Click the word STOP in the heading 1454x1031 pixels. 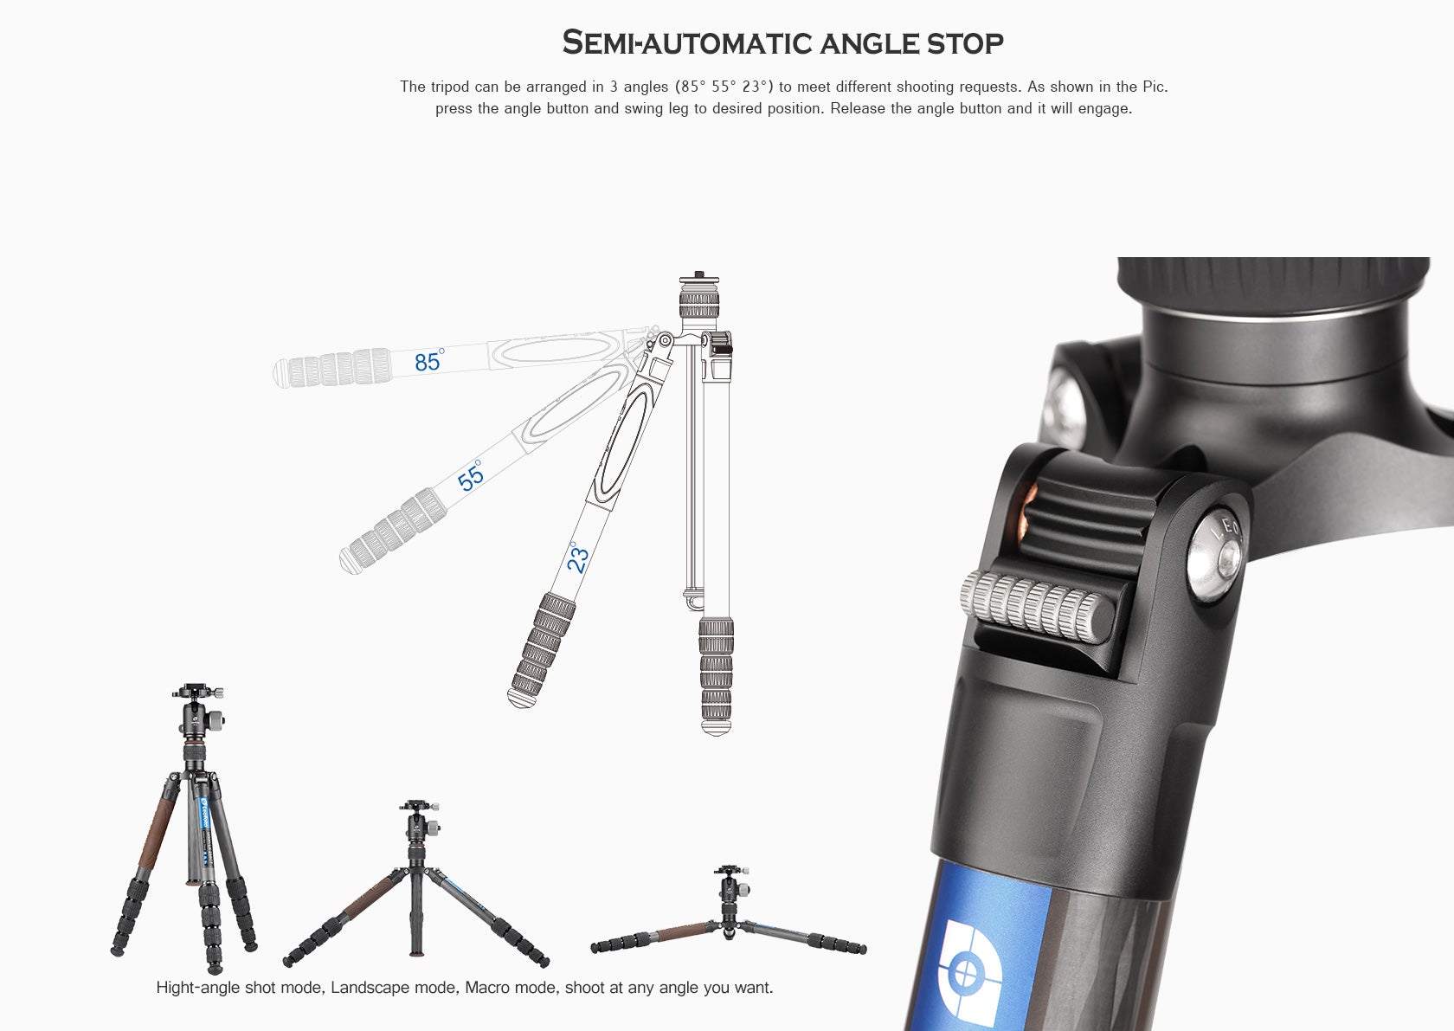point(964,42)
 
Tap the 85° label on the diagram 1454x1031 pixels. point(428,361)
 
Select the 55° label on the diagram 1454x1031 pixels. point(471,477)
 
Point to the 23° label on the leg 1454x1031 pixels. point(577,558)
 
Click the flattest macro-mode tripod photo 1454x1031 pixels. point(728,918)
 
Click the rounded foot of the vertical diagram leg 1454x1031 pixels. point(716,728)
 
